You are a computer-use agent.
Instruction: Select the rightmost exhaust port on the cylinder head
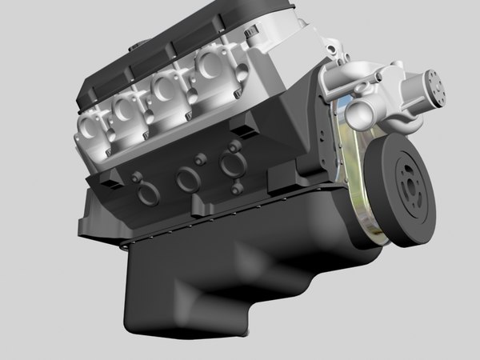[x=210, y=63]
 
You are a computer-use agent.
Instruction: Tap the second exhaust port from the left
[x=124, y=110]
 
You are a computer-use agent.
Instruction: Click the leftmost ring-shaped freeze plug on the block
[x=149, y=194]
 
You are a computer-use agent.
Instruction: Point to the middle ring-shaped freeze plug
[x=188, y=179]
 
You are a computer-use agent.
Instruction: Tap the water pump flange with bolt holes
[x=436, y=85]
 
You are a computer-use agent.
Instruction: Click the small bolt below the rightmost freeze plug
[x=235, y=190]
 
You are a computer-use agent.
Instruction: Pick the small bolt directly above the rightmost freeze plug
[x=233, y=147]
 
